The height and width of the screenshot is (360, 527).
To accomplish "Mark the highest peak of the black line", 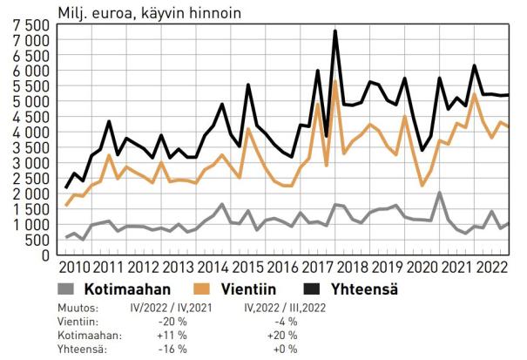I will (x=335, y=31).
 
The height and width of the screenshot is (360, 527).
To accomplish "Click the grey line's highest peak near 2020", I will (x=439, y=193).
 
